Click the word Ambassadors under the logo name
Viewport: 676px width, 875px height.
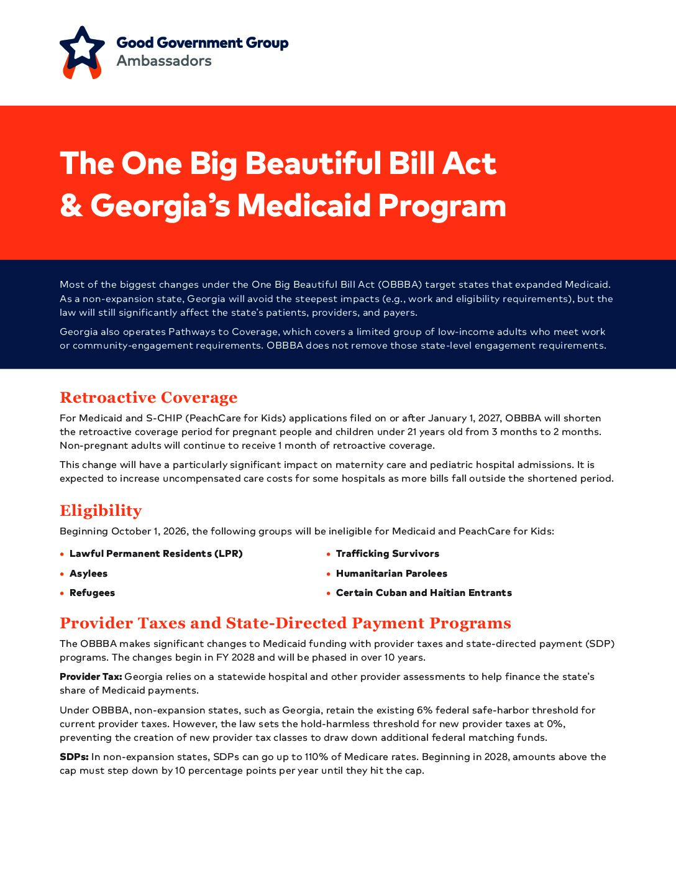pos(164,61)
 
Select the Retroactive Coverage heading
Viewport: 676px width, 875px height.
pos(148,398)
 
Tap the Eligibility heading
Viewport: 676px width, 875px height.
pos(101,511)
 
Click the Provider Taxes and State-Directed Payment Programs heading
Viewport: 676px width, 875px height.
pos(285,623)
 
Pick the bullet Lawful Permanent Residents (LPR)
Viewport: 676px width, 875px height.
pos(156,554)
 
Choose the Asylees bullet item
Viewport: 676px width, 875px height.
pos(88,574)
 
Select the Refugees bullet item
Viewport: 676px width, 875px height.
pos(92,593)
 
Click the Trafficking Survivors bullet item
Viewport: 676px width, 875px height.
pos(387,554)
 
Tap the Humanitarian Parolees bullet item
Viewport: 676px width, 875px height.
pos(391,574)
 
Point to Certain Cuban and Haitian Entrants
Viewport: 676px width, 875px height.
pos(424,593)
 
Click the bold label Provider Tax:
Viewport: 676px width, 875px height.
pos(91,677)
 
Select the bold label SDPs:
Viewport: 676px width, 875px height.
pos(74,757)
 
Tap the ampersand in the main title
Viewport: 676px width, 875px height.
pos(71,206)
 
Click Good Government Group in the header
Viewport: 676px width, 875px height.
pos(203,43)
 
